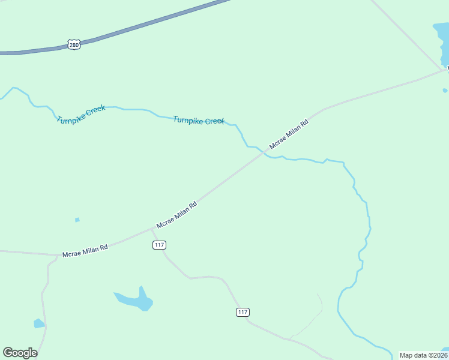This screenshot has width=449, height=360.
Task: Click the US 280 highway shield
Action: tap(74, 45)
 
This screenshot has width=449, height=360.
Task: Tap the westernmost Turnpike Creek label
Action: tap(81, 114)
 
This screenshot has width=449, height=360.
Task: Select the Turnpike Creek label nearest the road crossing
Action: tap(199, 121)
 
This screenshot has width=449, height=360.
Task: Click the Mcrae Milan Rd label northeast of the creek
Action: tap(289, 134)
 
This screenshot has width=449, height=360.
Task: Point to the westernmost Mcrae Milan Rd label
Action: tap(85, 251)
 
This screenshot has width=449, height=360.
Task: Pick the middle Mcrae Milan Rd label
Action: tap(176, 215)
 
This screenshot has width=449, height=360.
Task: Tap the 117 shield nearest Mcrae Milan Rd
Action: tap(159, 245)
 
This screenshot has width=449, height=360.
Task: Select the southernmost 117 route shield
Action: tap(242, 312)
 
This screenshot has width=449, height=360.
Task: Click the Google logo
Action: tap(20, 353)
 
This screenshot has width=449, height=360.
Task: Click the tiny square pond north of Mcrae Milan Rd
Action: tap(77, 220)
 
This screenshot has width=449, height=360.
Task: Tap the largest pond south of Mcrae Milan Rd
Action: tap(137, 300)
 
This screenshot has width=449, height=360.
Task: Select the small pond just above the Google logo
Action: tap(38, 323)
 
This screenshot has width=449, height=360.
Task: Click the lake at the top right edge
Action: tap(442, 42)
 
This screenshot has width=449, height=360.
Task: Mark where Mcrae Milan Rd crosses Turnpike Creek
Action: tap(262, 153)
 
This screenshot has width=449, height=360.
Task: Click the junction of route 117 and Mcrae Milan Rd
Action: tap(150, 229)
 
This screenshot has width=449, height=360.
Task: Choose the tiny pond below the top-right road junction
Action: tap(445, 91)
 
